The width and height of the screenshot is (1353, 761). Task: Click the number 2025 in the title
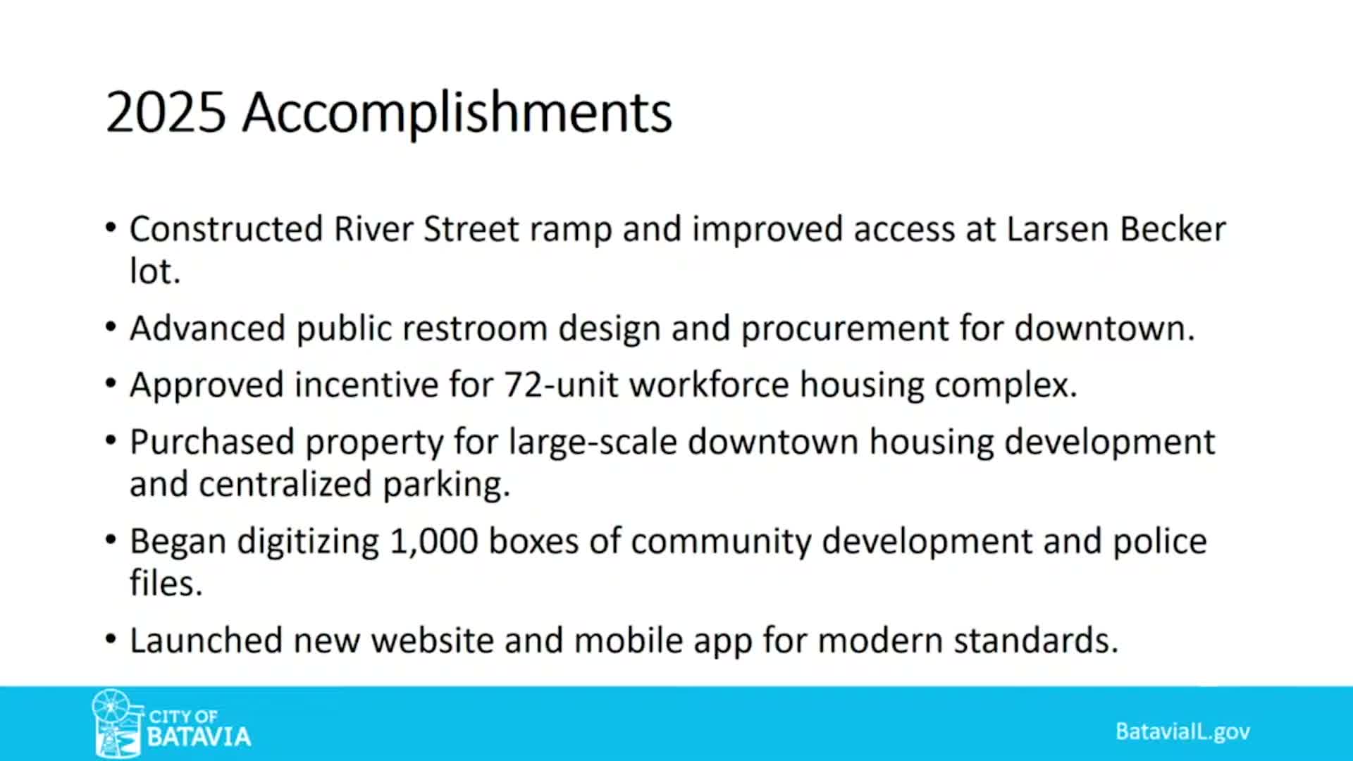pos(166,112)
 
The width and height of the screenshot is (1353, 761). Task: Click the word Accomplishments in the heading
pos(457,113)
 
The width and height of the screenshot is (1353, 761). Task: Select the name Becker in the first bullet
pos(1173,229)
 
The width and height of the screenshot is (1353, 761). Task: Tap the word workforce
pos(709,385)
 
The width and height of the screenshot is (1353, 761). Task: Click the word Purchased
pos(212,443)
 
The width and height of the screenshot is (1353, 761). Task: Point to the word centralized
pos(285,484)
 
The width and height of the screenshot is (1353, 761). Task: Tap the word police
pos(1160,542)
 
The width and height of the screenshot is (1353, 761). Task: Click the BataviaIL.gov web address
pos(1182,731)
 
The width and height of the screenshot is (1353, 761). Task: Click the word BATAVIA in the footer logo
pos(199,737)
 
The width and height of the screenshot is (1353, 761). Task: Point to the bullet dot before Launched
pos(111,640)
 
